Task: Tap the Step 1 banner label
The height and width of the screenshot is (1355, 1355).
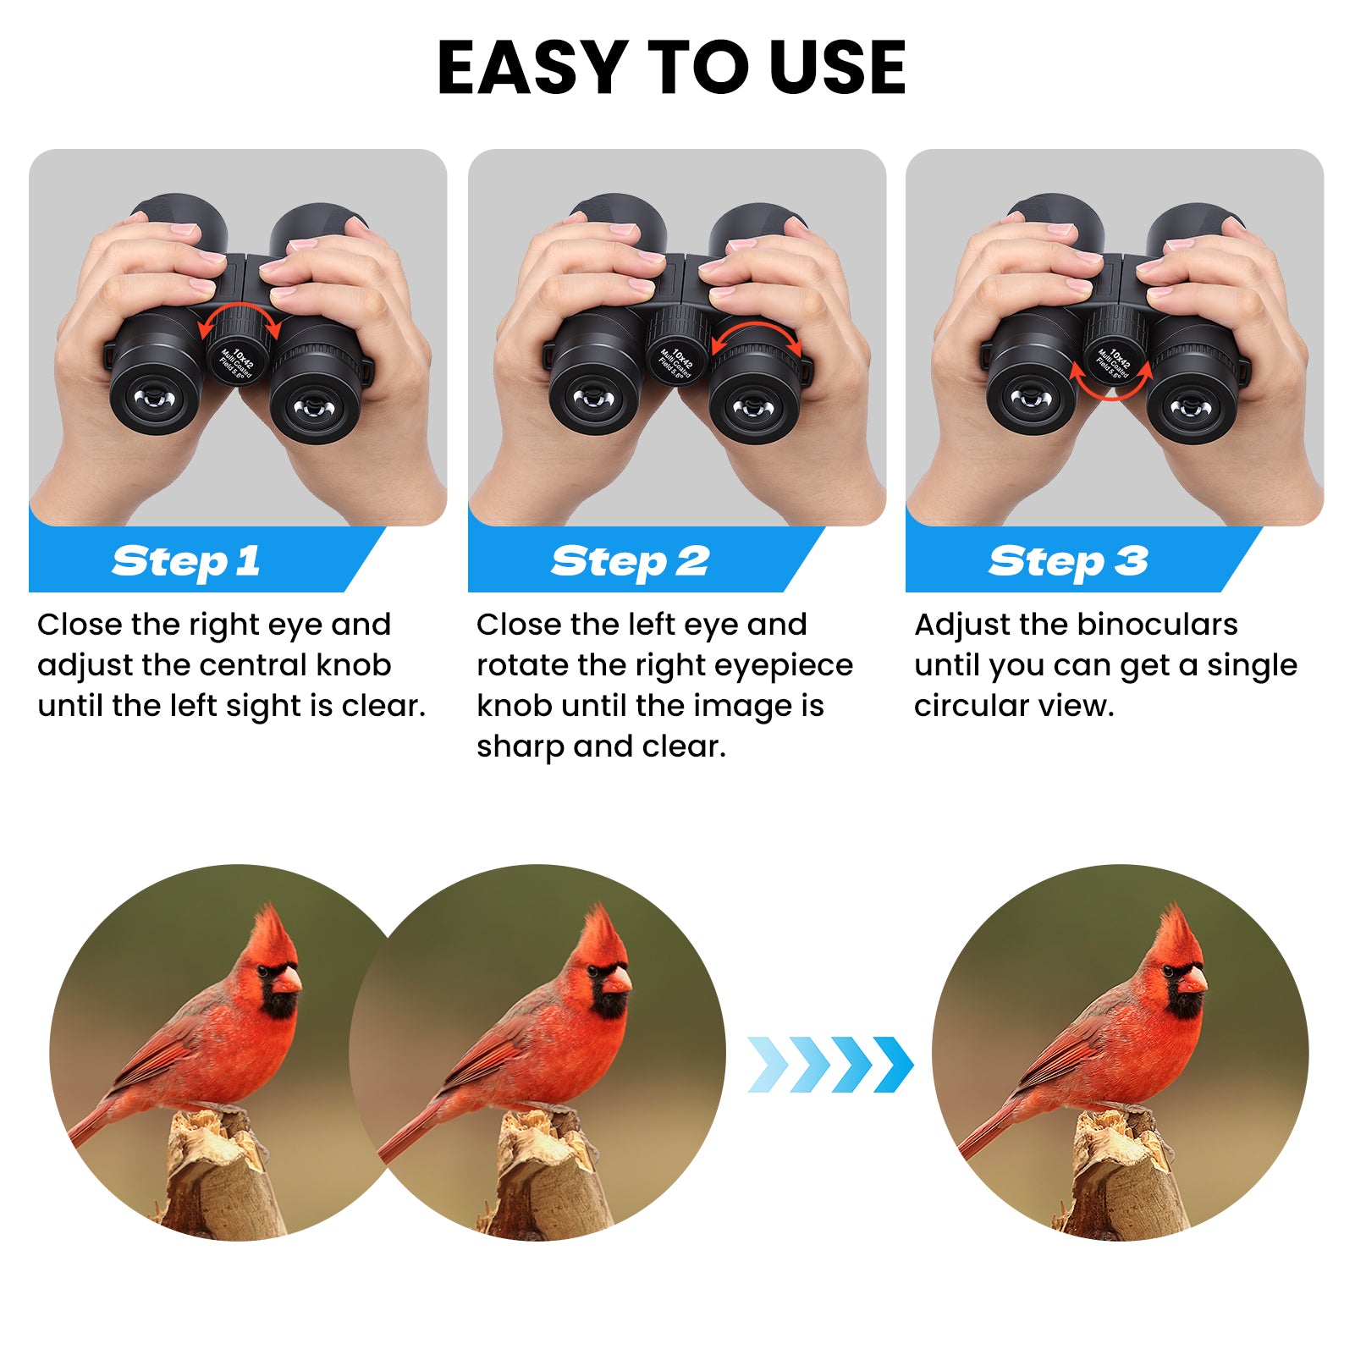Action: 186,561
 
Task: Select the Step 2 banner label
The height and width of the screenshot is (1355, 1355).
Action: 630,561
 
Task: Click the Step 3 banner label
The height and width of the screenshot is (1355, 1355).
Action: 1068,561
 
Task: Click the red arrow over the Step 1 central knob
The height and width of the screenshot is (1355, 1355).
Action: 240,311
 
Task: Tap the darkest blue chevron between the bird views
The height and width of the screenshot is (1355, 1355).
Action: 894,1064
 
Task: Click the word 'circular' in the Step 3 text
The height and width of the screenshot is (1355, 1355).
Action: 968,706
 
